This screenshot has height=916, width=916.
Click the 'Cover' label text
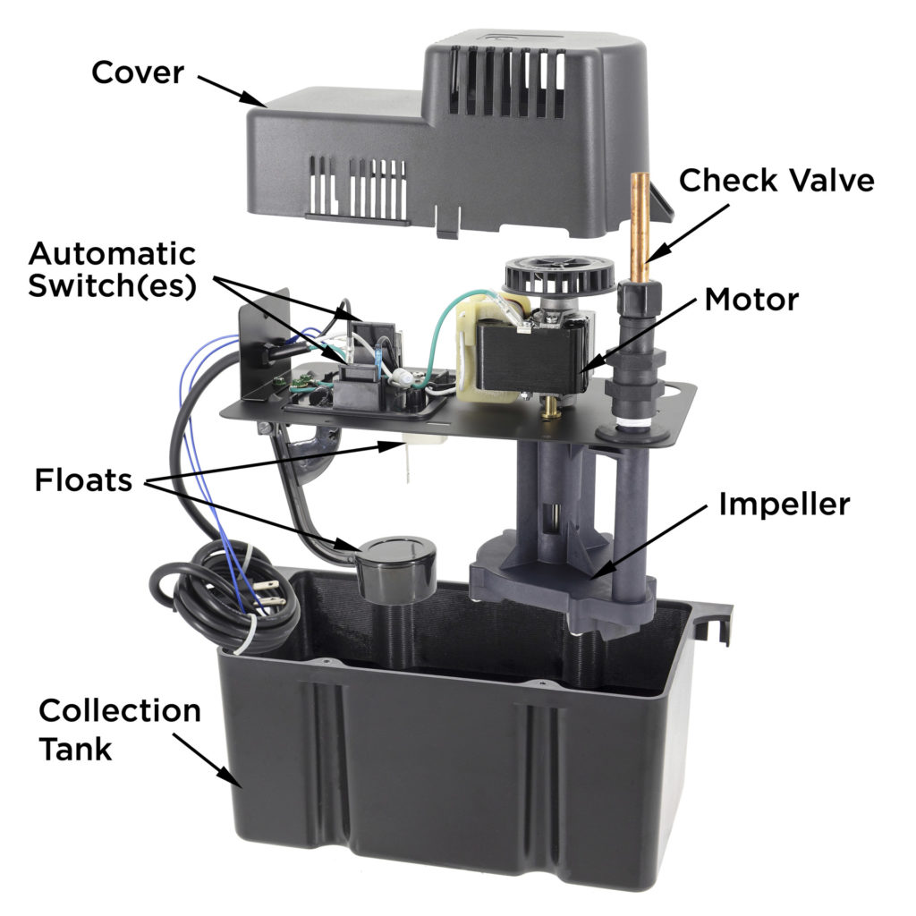(x=138, y=72)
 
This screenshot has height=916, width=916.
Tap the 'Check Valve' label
(x=776, y=180)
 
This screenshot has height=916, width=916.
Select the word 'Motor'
(x=751, y=299)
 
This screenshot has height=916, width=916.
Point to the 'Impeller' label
(x=784, y=505)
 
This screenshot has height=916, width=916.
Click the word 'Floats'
(x=83, y=480)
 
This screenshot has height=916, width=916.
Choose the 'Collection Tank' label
(x=120, y=730)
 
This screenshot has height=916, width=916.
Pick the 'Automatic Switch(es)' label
(x=112, y=270)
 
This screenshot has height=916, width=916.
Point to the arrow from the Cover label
(x=232, y=92)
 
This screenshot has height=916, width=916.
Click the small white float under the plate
(x=423, y=444)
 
